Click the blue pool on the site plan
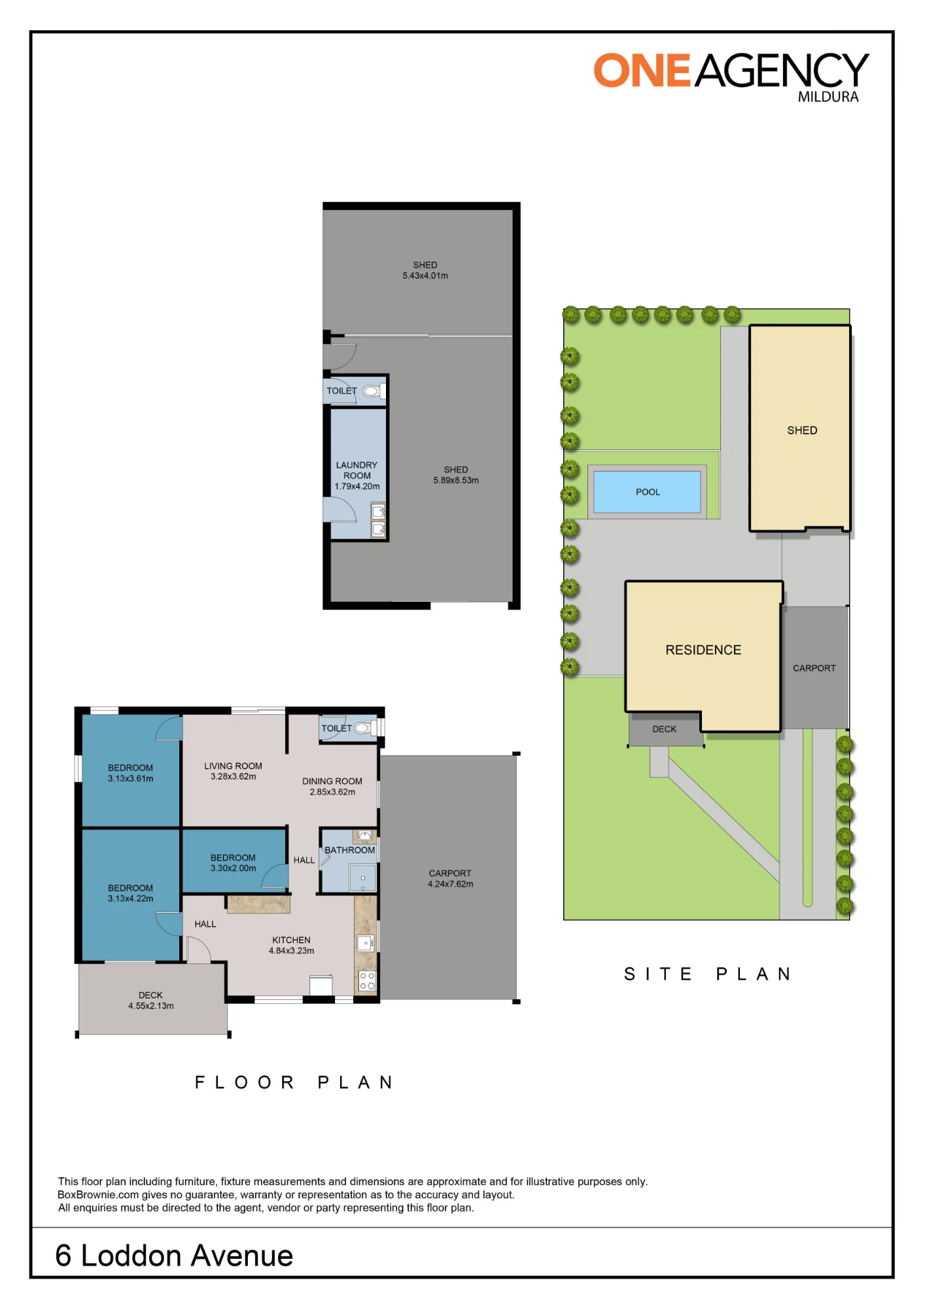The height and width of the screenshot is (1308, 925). (x=647, y=492)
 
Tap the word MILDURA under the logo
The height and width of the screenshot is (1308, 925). (x=828, y=97)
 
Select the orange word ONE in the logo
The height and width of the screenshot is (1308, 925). (x=642, y=71)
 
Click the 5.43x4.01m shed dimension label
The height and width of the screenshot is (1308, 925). (x=425, y=276)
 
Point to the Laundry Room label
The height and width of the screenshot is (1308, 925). (x=357, y=470)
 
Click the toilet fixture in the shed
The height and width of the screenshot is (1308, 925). (x=373, y=391)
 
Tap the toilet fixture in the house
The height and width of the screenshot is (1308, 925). (x=364, y=728)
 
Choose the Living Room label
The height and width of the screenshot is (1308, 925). (x=233, y=766)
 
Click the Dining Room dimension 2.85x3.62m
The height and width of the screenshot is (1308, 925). (x=332, y=792)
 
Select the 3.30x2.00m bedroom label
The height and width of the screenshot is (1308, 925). (x=233, y=869)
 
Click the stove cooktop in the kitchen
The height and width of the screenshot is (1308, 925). (x=367, y=980)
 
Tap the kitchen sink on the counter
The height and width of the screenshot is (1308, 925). (x=365, y=943)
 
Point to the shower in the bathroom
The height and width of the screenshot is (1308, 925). (x=362, y=878)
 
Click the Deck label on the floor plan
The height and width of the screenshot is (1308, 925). (x=150, y=995)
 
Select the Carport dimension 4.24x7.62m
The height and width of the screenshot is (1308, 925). (x=450, y=884)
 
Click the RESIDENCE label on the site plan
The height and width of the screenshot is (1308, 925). (x=703, y=650)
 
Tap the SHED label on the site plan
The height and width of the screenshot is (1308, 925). (x=802, y=430)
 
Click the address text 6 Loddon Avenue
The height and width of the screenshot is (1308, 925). (x=174, y=1256)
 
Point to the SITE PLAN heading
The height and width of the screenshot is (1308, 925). (x=708, y=974)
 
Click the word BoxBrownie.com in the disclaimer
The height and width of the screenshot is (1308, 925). (x=98, y=1195)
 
